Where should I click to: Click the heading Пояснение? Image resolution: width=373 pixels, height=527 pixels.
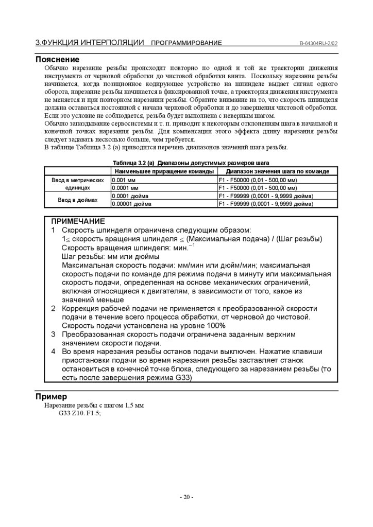[x=57, y=59]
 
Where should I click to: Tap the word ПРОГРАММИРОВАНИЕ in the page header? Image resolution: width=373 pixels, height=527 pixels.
[x=186, y=43]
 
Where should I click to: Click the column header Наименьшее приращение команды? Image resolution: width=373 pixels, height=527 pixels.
[x=163, y=171]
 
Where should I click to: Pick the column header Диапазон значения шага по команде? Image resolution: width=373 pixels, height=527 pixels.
[x=278, y=171]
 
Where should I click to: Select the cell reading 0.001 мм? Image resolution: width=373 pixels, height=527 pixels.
[x=123, y=180]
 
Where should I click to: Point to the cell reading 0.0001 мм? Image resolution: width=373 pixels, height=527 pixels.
[x=124, y=188]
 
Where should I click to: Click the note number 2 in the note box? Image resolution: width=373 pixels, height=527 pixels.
[x=54, y=308]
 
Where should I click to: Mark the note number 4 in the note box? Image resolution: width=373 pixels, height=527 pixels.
[x=54, y=352]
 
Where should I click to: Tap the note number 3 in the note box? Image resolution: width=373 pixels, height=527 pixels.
[x=54, y=334]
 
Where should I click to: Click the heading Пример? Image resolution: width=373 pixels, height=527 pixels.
[x=51, y=397]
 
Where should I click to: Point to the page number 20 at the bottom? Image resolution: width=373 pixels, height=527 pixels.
[x=186, y=497]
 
